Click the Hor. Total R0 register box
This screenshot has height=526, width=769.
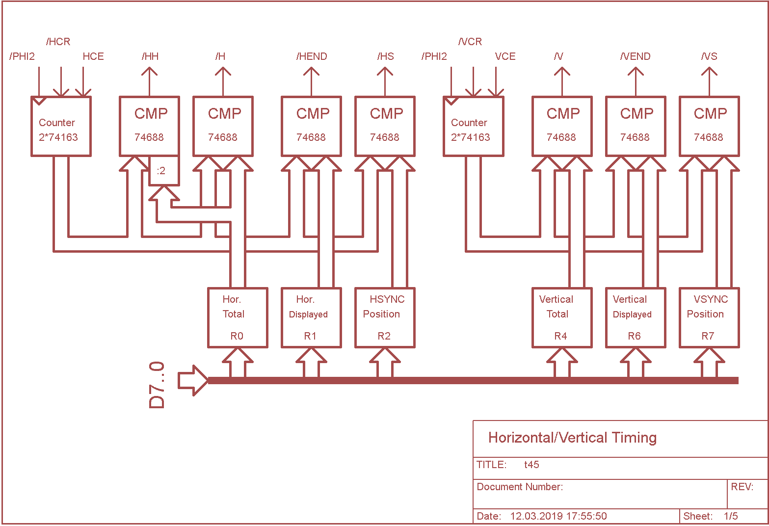coord(238,317)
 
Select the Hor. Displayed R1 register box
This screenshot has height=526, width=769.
coord(311,317)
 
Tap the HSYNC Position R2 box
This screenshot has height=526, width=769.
coord(385,317)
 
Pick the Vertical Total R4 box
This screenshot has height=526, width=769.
coord(562,317)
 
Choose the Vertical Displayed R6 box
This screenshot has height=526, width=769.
coord(636,317)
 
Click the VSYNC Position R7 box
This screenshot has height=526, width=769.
coord(709,317)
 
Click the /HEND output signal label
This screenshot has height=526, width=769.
coord(312,56)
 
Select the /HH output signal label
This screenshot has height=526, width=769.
coord(150,56)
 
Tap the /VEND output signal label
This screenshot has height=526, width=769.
coord(636,56)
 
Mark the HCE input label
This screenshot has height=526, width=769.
coord(93,56)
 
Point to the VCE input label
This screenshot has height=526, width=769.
coord(505,56)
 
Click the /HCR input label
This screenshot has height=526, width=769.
coord(58,42)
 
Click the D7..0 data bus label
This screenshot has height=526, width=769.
coord(157,385)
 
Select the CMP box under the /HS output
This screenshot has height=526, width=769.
coord(385,126)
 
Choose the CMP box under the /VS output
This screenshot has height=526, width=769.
coord(709,126)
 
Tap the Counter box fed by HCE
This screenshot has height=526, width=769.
coord(61,126)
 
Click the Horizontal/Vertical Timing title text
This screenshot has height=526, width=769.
coord(572,438)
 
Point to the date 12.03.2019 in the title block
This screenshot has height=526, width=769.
coord(558,516)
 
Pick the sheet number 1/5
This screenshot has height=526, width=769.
coord(731,516)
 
